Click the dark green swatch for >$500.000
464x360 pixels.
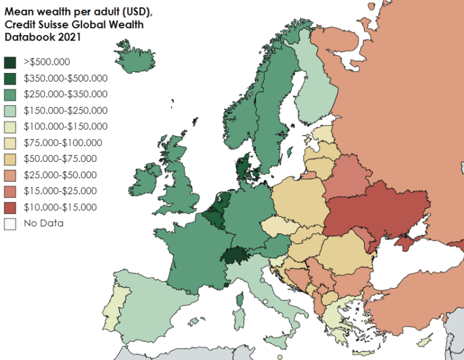pyautogui.click(x=11, y=62)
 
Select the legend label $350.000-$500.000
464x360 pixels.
pyautogui.click(x=65, y=78)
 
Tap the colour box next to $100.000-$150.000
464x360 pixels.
pyautogui.click(x=11, y=127)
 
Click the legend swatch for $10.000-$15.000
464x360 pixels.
pyautogui.click(x=11, y=208)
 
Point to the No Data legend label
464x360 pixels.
pyautogui.click(x=43, y=223)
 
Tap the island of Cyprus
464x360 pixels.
pyautogui.click(x=425, y=343)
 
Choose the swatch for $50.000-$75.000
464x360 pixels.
pyautogui.click(x=11, y=159)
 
